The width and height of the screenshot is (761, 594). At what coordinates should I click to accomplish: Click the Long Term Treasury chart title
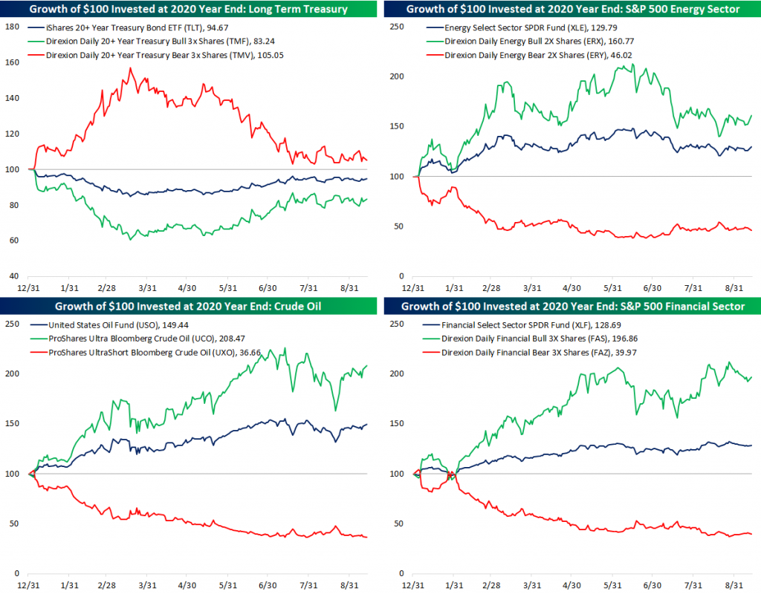click(x=189, y=9)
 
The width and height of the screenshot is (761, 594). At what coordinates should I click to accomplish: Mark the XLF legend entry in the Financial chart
click(x=526, y=324)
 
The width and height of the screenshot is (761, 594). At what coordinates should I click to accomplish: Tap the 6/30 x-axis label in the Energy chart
click(x=652, y=287)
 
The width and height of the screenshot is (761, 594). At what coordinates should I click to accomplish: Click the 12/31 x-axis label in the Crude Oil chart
click(x=29, y=584)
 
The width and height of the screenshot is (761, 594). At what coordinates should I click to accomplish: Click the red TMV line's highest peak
click(x=131, y=68)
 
